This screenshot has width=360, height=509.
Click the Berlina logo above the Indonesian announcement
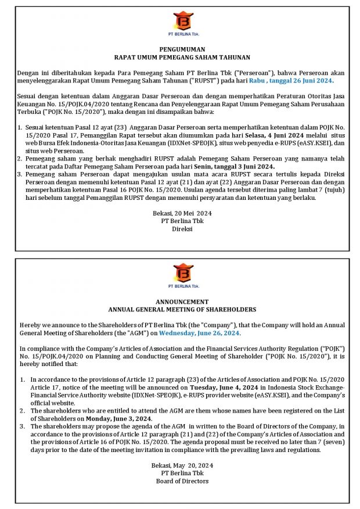(x=182, y=21)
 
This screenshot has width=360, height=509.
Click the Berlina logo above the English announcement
(x=183, y=272)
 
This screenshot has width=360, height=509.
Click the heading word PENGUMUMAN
(x=182, y=50)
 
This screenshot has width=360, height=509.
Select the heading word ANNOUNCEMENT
(x=182, y=302)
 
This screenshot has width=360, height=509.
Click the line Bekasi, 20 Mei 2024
(x=182, y=213)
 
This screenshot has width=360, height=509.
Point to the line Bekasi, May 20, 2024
(x=182, y=465)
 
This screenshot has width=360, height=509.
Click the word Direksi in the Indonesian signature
(x=182, y=229)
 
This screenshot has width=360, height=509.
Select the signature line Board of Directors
(x=182, y=481)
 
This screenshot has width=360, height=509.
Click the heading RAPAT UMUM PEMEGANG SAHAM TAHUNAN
(x=182, y=58)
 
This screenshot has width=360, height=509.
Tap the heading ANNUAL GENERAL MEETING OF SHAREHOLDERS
(x=182, y=310)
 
